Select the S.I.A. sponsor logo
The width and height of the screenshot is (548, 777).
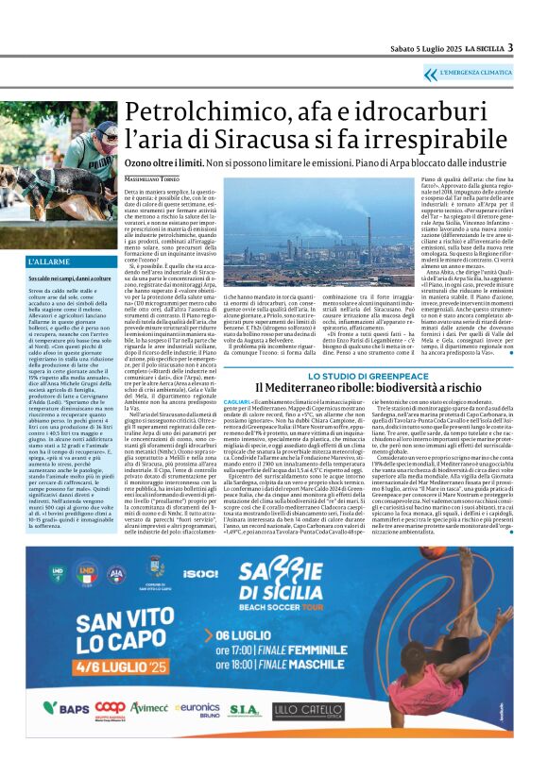click(x=244, y=734)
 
